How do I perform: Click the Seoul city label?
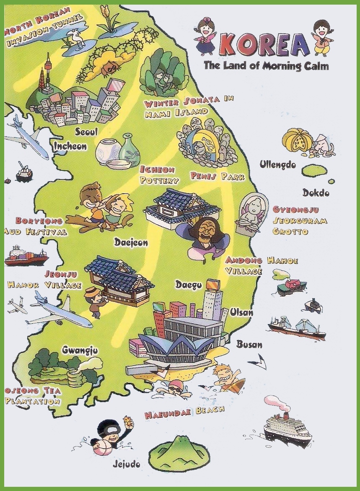(x=86, y=132)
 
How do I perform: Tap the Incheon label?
(x=70, y=146)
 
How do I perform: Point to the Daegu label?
(x=189, y=285)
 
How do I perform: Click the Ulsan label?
(x=242, y=312)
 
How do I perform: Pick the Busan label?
(x=249, y=345)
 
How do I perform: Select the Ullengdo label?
(x=277, y=164)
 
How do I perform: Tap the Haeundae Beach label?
(x=185, y=413)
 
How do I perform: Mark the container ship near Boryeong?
(x=26, y=256)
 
